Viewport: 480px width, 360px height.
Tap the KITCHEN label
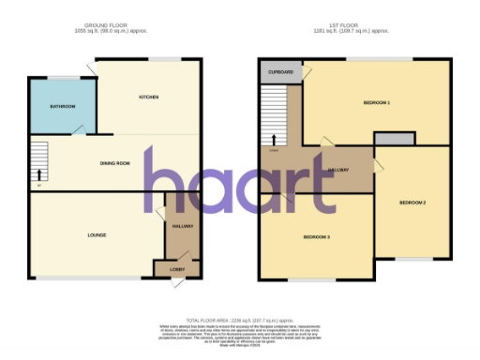point(149,97)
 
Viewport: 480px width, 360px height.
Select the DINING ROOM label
point(114,164)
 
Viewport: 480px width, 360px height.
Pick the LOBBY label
point(176,270)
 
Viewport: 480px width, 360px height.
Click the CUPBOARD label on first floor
point(278,71)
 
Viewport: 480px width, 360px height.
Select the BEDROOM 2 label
point(412,202)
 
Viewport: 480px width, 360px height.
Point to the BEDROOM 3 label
point(316,236)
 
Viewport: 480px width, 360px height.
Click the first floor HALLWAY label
point(338,169)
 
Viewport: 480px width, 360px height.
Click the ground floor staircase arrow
point(39,173)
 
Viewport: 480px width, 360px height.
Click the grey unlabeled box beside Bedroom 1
point(394,139)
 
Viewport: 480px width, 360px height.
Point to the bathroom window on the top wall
point(63,77)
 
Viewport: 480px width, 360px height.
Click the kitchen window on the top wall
point(169,61)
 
